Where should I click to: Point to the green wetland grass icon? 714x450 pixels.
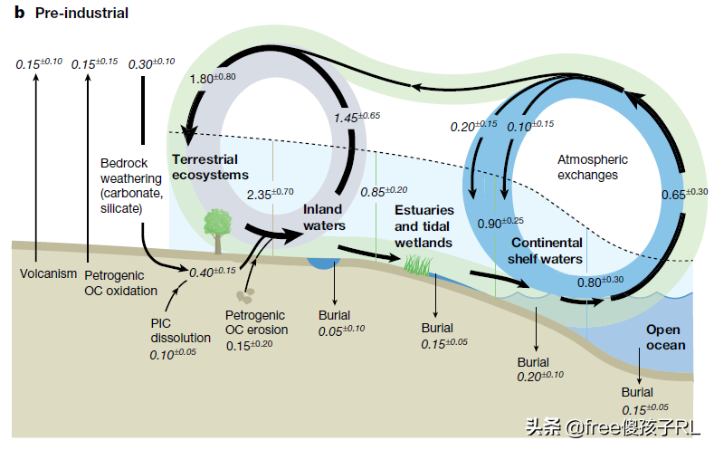(x=418, y=265)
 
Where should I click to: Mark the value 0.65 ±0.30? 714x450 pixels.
(x=684, y=194)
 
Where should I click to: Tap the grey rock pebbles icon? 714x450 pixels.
(x=245, y=297)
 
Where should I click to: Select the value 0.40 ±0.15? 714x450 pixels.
(x=212, y=271)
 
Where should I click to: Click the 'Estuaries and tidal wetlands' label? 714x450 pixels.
(x=424, y=226)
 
